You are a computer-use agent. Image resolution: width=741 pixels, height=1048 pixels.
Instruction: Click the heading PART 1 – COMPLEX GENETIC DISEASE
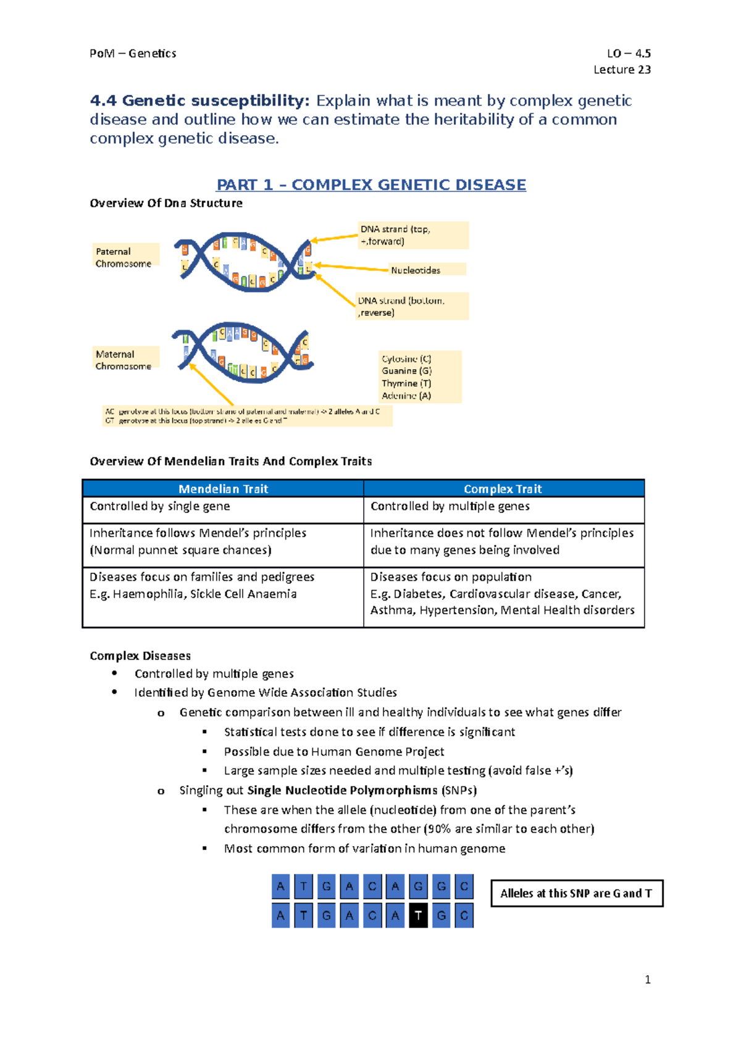click(371, 185)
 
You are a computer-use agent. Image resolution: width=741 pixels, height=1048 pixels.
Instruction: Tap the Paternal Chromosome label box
click(125, 257)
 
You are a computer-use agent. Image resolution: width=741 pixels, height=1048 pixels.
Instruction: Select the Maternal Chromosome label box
click(125, 359)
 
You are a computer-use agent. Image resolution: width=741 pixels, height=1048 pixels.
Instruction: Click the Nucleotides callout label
click(416, 270)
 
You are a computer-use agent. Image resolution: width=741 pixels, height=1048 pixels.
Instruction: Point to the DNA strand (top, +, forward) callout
click(412, 235)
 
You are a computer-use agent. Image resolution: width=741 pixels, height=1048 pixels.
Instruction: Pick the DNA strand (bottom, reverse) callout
click(412, 306)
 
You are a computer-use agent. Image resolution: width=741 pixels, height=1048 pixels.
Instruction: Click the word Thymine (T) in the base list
click(406, 383)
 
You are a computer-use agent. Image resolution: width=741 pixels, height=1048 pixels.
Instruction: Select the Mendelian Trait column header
click(223, 489)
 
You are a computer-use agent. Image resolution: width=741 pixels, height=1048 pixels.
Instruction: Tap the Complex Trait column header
click(503, 489)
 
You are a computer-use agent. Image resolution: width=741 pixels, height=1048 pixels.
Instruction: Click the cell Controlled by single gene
click(160, 506)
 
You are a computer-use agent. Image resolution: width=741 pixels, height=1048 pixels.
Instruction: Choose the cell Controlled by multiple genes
click(450, 506)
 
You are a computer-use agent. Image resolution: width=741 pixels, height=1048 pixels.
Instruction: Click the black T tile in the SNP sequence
click(418, 915)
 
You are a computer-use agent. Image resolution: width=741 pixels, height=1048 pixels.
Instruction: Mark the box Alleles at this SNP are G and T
click(577, 893)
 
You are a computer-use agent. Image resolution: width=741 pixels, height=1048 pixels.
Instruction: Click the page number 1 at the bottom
click(647, 979)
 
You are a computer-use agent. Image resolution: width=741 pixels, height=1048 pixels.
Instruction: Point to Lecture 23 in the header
click(622, 69)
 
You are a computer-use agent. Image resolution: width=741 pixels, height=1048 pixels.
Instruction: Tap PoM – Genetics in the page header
click(133, 53)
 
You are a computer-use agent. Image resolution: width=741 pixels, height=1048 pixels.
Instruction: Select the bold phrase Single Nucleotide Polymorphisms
click(342, 790)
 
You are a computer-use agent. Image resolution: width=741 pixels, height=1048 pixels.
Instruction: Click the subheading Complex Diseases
click(140, 655)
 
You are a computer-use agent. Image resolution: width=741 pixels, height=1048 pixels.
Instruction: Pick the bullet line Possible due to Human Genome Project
click(334, 751)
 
